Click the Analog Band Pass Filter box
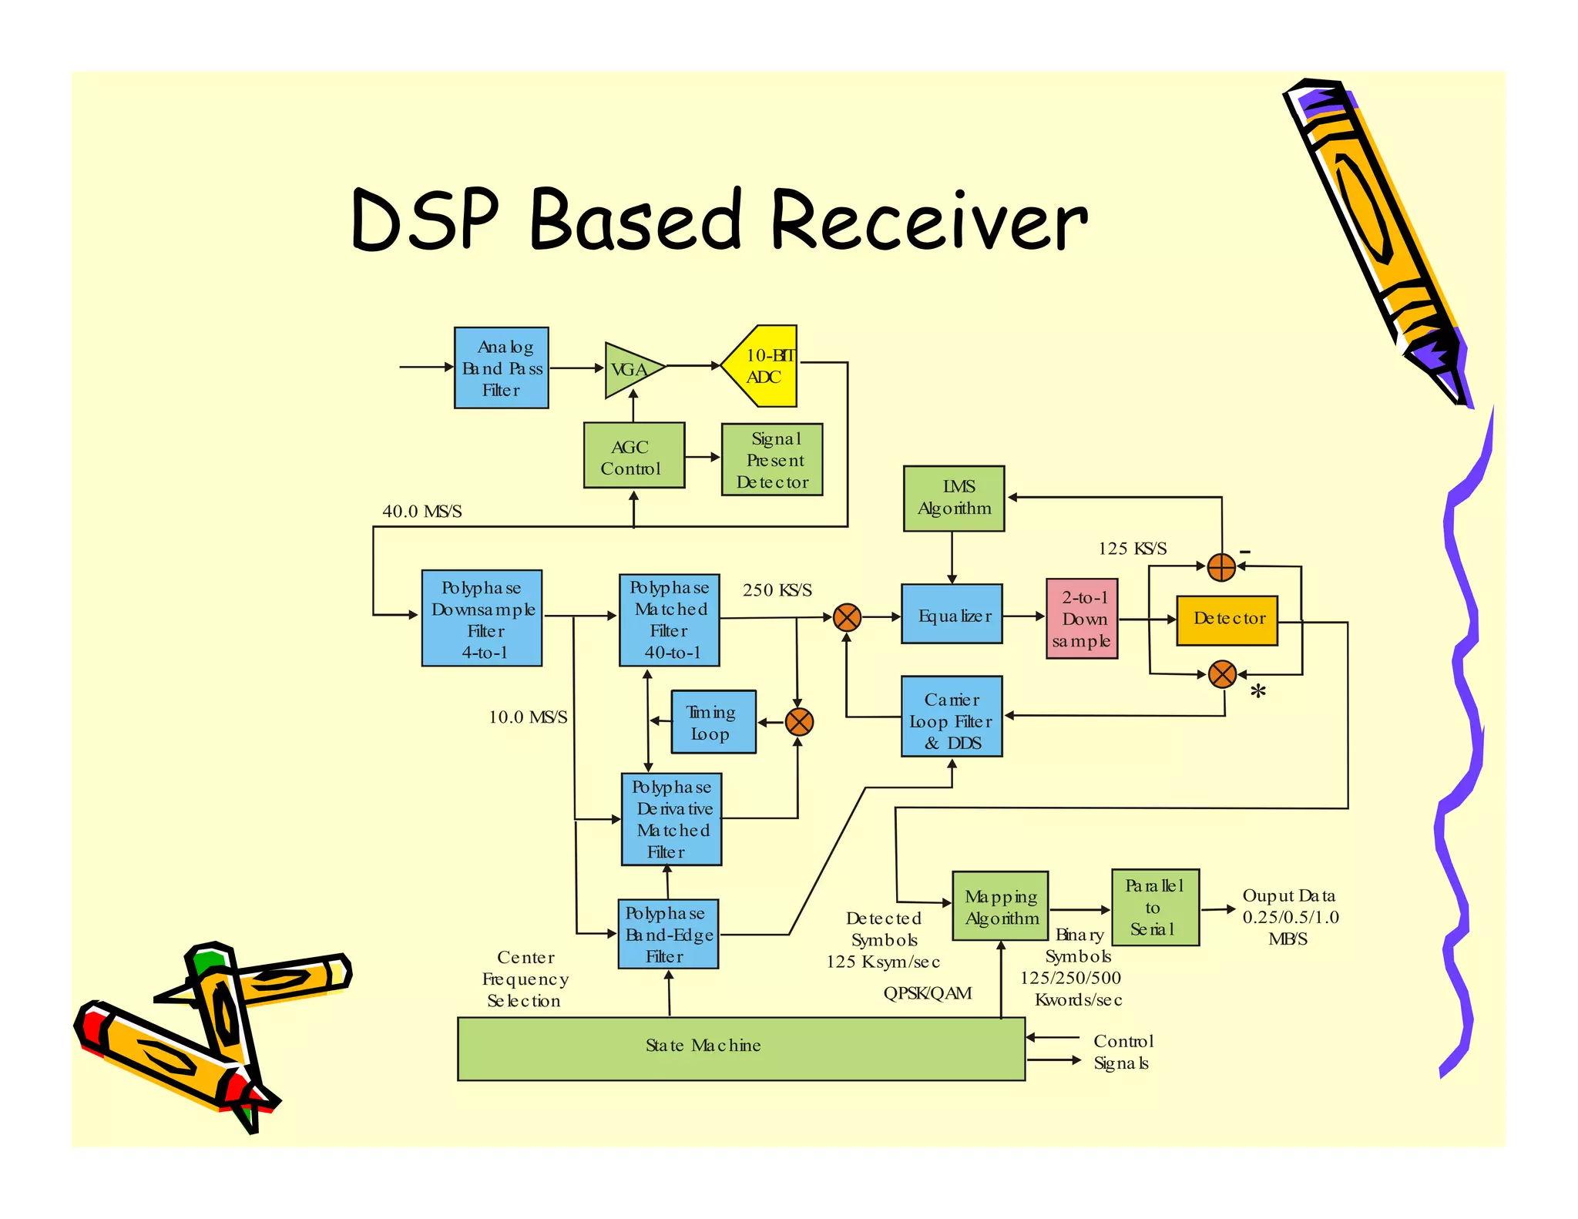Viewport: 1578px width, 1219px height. tap(501, 368)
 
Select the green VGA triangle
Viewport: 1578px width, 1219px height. tap(630, 370)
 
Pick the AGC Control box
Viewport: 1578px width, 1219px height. tap(633, 455)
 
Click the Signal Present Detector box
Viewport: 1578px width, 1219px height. tap(772, 459)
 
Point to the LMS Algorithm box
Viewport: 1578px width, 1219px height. tap(954, 498)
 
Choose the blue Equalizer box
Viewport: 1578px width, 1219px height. tap(952, 614)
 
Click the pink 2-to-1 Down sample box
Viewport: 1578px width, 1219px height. tap(1082, 619)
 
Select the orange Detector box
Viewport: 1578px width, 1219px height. tap(1227, 620)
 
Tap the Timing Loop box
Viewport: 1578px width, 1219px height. tap(713, 722)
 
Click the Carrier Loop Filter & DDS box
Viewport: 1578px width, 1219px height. tap(952, 717)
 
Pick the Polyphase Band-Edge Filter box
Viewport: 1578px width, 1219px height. tap(668, 934)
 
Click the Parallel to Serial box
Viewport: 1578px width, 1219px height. tap(1155, 908)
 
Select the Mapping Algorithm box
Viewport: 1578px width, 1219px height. tap(1000, 906)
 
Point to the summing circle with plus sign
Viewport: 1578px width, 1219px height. tap(1221, 567)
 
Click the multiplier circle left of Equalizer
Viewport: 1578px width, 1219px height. tap(847, 617)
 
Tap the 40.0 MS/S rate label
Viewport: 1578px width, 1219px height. tap(421, 512)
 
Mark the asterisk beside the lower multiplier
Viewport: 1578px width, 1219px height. tap(1257, 692)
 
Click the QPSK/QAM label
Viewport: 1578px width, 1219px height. tap(927, 993)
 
